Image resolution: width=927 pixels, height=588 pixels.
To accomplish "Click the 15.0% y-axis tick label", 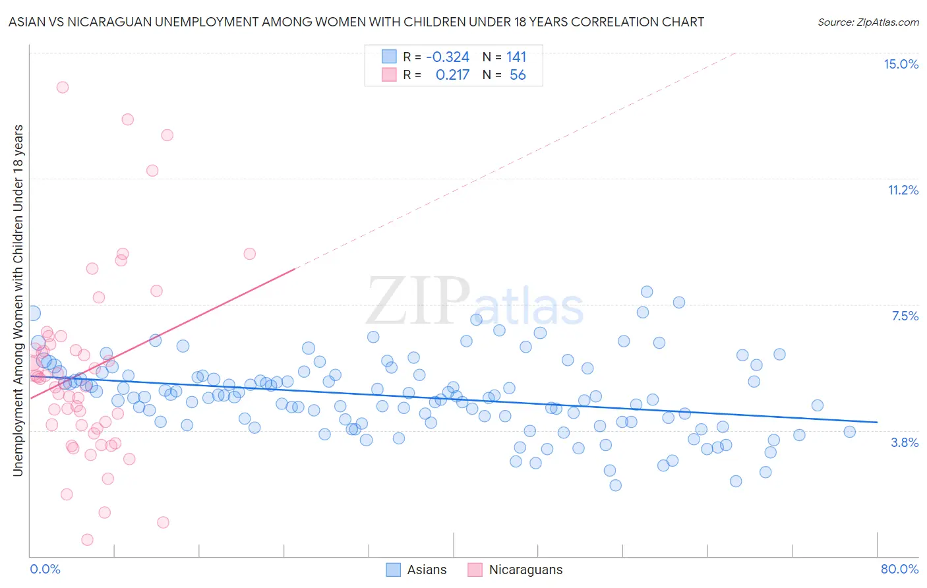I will (901, 64).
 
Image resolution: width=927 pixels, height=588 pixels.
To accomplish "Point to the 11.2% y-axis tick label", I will (903, 190).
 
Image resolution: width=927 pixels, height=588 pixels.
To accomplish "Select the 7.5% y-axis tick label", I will (905, 316).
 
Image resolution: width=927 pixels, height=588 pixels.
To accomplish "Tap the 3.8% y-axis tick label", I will (905, 442).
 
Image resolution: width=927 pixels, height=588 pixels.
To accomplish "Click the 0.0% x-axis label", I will (45, 569).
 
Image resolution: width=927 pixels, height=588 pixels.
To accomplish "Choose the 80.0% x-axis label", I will (899, 569).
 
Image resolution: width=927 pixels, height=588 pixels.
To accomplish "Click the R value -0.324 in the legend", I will (448, 57).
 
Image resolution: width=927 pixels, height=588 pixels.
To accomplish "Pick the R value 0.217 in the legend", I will (452, 75).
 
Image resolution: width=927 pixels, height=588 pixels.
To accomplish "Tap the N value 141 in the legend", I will (516, 57).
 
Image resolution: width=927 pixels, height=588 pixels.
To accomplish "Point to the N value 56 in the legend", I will (518, 75).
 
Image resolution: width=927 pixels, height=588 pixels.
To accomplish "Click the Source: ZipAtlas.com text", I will (868, 22).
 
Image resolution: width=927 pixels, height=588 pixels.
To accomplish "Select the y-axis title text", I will (18, 301).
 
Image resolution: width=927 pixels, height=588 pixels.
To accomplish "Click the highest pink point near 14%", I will (63, 87).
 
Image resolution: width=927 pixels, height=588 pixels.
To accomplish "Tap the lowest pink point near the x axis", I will (87, 540).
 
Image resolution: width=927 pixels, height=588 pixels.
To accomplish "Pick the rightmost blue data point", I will (849, 432).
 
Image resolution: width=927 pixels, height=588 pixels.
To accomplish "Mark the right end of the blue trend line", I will (877, 422).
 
